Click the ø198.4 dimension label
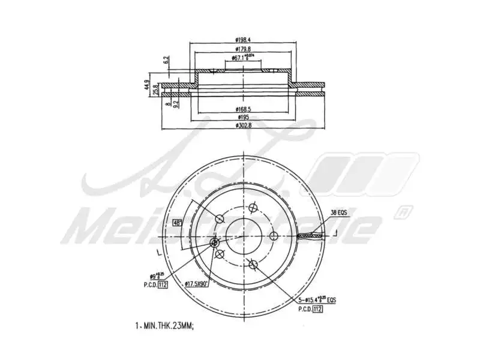coord(243,40)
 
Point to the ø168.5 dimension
coord(243,109)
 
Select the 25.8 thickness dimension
coord(155,89)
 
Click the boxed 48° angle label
coord(177,223)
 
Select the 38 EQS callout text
coord(340,212)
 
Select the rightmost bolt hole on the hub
coord(274,235)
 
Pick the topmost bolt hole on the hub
coord(253,209)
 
